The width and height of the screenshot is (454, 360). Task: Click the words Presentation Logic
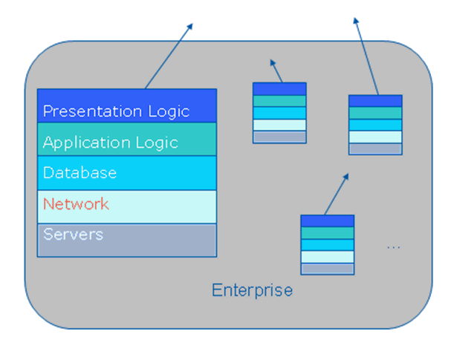tap(117, 111)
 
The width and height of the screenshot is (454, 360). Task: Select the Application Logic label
tap(110, 143)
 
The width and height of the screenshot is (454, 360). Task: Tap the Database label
tap(80, 173)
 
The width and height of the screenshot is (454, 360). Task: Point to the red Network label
tap(76, 203)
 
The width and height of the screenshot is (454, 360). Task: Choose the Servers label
tap(73, 234)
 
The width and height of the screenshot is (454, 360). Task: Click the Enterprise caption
tap(252, 290)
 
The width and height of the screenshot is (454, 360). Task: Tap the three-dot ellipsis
tap(394, 247)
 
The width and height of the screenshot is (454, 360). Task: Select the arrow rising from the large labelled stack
tap(169, 56)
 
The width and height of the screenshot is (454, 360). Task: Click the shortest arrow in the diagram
tap(276, 71)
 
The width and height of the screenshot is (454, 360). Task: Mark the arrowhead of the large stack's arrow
tap(190, 27)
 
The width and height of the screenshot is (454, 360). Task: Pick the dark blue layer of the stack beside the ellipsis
tap(328, 221)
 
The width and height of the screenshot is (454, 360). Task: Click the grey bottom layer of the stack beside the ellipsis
tap(328, 269)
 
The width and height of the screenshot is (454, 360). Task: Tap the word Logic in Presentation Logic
tap(169, 112)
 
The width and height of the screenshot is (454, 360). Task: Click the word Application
tap(87, 143)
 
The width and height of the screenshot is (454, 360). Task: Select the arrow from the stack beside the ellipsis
tap(337, 194)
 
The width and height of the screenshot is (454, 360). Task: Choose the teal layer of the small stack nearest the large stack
tap(279, 101)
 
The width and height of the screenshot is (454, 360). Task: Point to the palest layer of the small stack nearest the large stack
tap(279, 125)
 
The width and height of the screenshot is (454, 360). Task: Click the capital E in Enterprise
tap(216, 290)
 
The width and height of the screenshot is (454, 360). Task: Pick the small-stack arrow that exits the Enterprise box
tap(366, 56)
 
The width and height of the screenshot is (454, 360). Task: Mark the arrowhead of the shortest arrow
tap(272, 62)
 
